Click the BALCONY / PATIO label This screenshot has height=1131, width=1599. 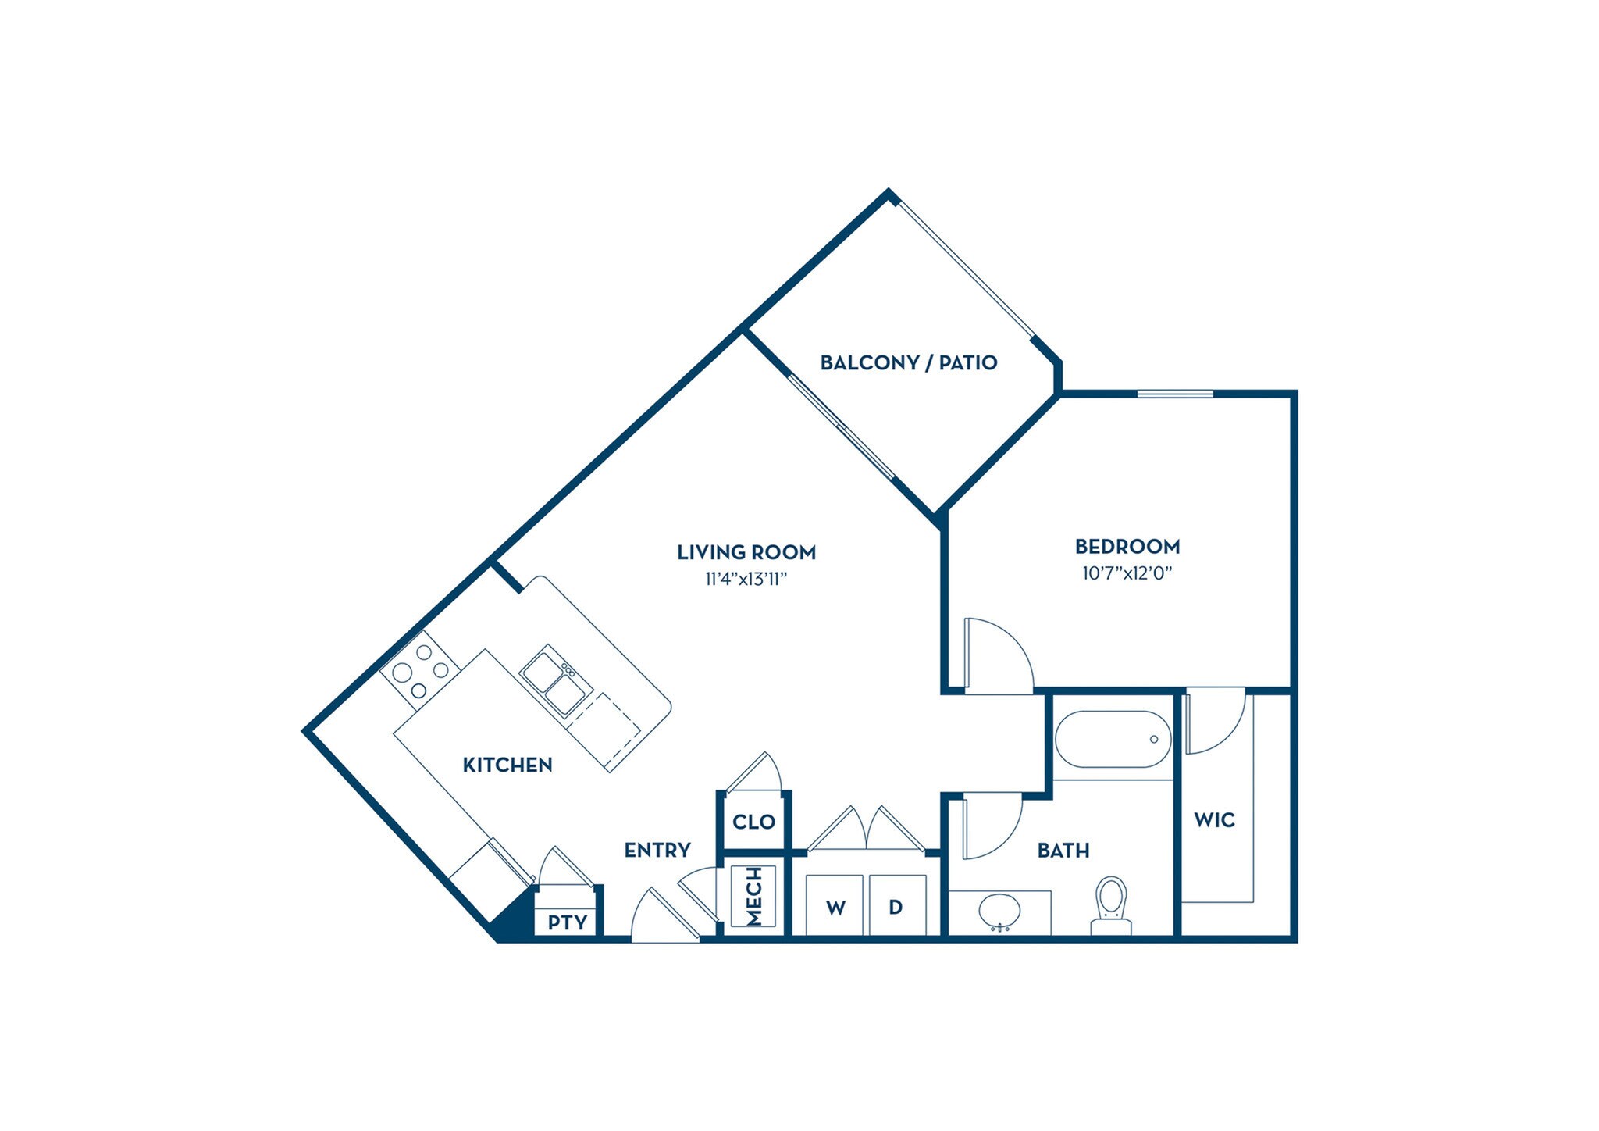[x=908, y=362]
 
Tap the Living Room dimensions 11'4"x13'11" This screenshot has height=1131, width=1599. [x=746, y=579]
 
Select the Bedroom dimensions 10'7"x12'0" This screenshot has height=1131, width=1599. [x=1127, y=573]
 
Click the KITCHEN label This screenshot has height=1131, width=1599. [x=507, y=765]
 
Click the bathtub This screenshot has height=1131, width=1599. [x=1113, y=739]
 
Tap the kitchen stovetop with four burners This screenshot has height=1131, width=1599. [x=420, y=670]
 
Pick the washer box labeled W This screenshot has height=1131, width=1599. [x=835, y=906]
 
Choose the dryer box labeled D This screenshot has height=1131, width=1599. [x=896, y=906]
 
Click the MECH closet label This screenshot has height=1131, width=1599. [x=753, y=896]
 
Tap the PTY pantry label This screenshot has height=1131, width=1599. [x=567, y=922]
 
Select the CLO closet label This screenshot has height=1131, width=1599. [x=753, y=822]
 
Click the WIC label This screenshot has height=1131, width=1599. [x=1214, y=820]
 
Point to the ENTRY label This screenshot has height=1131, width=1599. [x=657, y=850]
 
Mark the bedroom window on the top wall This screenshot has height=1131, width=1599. [x=1175, y=393]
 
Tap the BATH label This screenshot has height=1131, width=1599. [x=1063, y=850]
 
